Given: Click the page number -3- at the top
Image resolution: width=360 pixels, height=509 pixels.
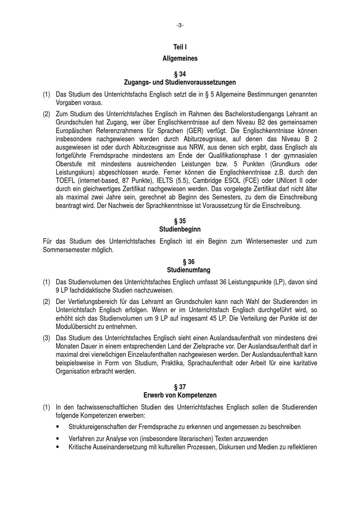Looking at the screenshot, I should [180, 25].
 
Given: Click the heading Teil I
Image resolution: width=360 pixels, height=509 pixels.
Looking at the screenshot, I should [180, 47].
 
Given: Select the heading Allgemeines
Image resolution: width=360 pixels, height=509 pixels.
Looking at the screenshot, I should [180, 58].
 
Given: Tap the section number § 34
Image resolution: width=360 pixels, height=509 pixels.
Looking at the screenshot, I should [180, 74].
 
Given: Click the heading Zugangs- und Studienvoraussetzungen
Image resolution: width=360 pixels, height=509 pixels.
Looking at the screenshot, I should [180, 82].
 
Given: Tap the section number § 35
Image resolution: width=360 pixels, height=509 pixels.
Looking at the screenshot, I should [180, 221].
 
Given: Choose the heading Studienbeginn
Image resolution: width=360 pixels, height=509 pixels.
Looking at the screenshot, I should [180, 229].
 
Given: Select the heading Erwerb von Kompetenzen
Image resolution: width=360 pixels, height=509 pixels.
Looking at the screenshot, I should [180, 395].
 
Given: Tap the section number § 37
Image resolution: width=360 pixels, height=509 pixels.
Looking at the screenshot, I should [180, 387].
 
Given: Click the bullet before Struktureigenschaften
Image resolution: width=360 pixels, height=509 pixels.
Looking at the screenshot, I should [58, 427].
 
